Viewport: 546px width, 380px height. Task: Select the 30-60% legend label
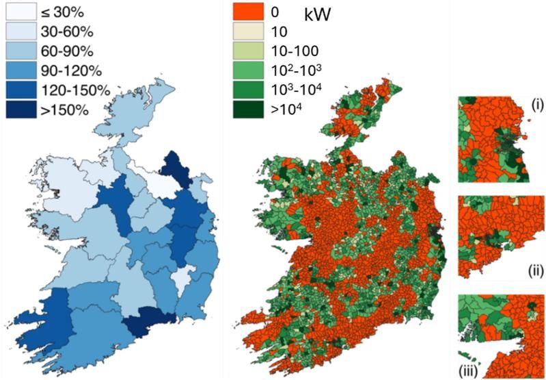coord(66,31)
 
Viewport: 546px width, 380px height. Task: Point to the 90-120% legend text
coord(70,71)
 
